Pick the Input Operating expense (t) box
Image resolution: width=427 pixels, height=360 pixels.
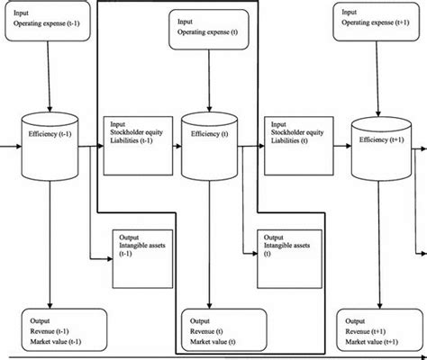[207, 29]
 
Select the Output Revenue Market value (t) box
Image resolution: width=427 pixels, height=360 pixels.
[216, 330]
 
